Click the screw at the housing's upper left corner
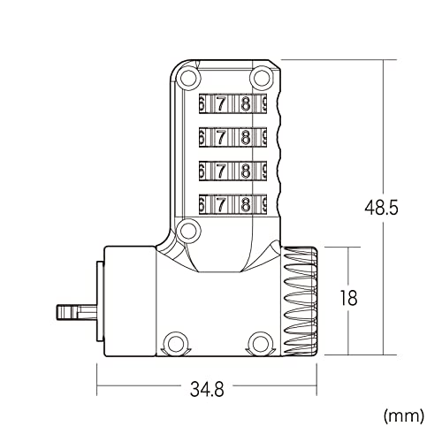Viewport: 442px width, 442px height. pyautogui.click(x=187, y=77)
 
